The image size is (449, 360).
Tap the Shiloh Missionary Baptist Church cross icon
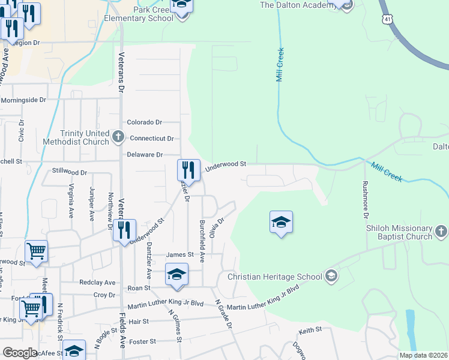click(x=441, y=232)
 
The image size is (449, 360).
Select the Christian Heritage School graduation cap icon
click(x=330, y=277)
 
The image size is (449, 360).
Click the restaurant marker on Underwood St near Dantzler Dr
click(x=188, y=171)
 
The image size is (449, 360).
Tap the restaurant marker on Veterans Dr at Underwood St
click(x=124, y=231)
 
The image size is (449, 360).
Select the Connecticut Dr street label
click(x=152, y=138)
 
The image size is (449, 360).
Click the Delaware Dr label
click(x=145, y=155)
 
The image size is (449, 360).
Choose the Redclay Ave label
click(x=97, y=282)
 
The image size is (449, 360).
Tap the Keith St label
click(x=310, y=329)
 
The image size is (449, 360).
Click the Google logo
click(x=20, y=353)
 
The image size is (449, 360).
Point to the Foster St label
click(x=145, y=341)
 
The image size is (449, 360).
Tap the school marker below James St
click(x=176, y=275)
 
